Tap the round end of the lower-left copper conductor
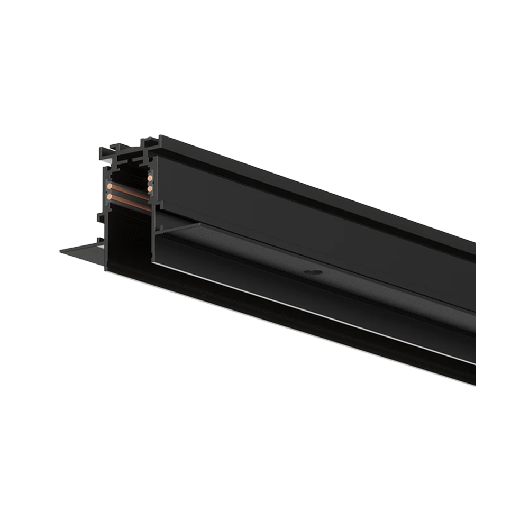[x=110, y=197]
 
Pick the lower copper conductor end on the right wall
[x=150, y=188]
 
